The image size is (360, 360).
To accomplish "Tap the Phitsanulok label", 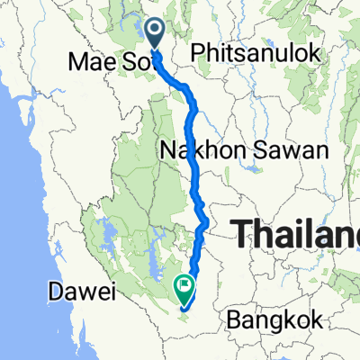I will point(256,54).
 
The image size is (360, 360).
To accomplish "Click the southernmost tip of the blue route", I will point(184,310).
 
